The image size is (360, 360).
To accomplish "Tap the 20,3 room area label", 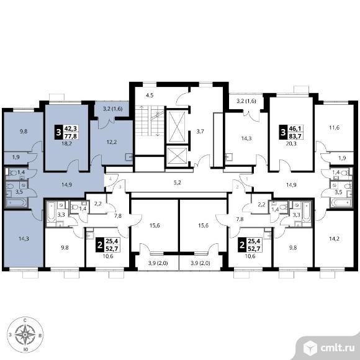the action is [x=291, y=144].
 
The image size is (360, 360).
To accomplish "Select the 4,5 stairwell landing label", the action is [x=150, y=96].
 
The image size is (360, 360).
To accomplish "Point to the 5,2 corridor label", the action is [x=178, y=183].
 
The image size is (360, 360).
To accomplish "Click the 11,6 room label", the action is [x=335, y=127].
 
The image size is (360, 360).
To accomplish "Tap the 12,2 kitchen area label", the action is [x=112, y=142].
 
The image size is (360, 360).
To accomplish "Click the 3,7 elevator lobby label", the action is [x=200, y=132].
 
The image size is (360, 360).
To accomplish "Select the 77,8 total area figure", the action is [x=71, y=136].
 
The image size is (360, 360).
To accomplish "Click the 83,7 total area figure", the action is [x=296, y=136].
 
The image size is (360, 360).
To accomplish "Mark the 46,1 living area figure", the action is [x=296, y=128].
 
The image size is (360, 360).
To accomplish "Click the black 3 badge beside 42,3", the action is [x=59, y=132].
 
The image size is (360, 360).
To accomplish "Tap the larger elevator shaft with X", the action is [x=177, y=126].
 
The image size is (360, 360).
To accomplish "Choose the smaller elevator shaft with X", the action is [x=177, y=156].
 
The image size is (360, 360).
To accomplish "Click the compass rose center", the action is [x=25, y=335].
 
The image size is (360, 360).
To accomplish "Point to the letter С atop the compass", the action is [x=25, y=320].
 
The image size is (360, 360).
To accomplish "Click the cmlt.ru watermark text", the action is [x=337, y=348].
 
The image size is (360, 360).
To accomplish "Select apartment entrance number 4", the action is [x=110, y=179].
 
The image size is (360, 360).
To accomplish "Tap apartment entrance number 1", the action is [x=247, y=179].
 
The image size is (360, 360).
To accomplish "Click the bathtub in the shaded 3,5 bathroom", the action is [x=16, y=203].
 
